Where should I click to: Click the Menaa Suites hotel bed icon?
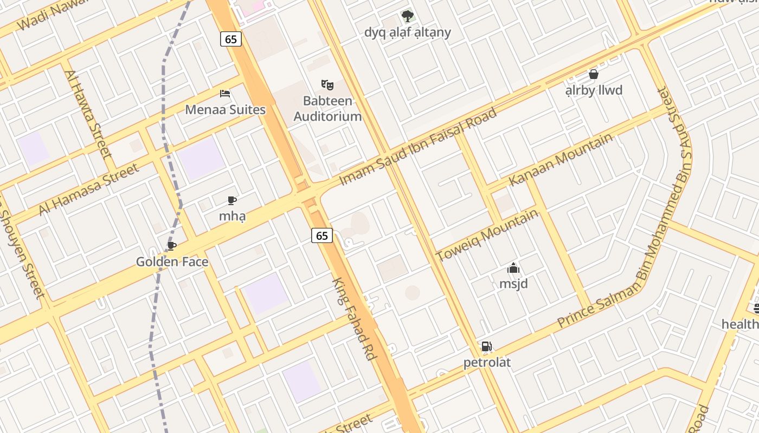[x=225, y=94]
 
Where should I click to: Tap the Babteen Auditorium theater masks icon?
[x=327, y=85]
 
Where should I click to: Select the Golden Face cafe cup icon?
[x=172, y=246]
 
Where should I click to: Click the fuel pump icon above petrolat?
[x=486, y=347]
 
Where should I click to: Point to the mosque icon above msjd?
[x=513, y=268]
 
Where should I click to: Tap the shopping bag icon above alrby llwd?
[x=594, y=74]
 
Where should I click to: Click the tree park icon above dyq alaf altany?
[x=407, y=16]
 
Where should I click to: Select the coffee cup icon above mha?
[x=232, y=201]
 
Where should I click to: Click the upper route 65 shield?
[x=231, y=39]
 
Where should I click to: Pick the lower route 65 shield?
[x=322, y=235]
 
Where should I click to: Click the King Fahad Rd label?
[x=355, y=319]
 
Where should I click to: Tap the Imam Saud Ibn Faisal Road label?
[x=418, y=147]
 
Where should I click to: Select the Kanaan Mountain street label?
[x=561, y=159]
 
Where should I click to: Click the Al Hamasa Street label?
[x=89, y=189]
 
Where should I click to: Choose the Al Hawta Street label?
[x=89, y=114]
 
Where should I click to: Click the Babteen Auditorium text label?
[x=327, y=108]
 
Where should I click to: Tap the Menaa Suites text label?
[x=225, y=110]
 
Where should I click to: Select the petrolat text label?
[x=487, y=363]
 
